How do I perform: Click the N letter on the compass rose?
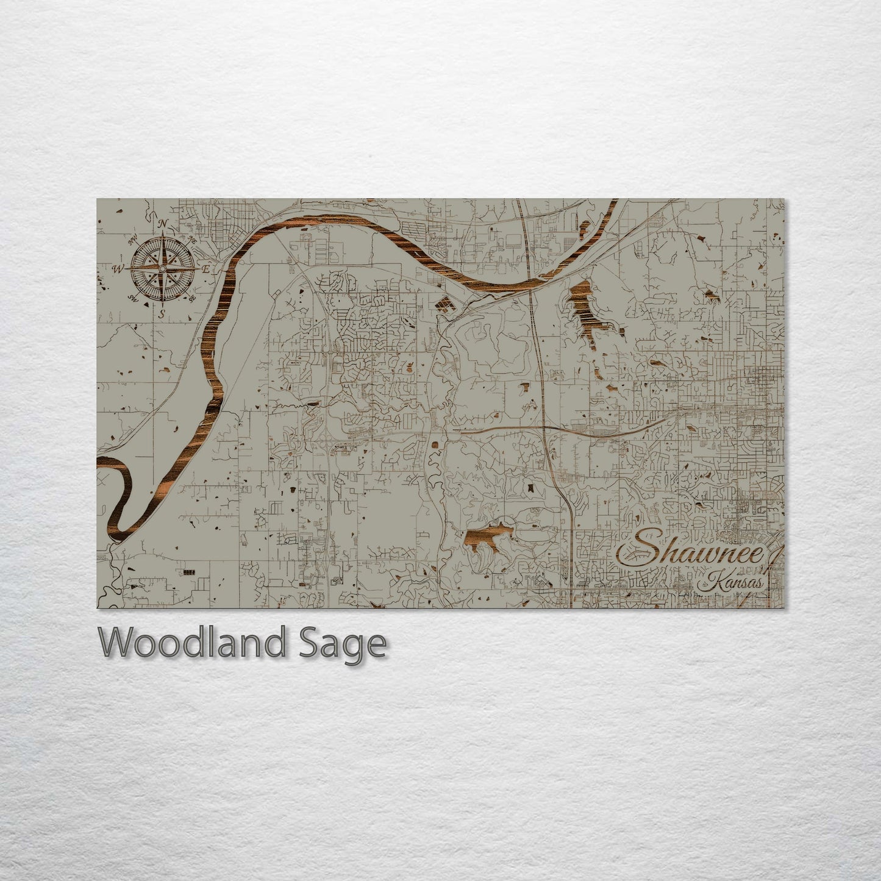tap(163, 224)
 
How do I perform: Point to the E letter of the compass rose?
tap(205, 269)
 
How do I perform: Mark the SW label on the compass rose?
tap(134, 298)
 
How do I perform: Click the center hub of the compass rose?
tap(162, 269)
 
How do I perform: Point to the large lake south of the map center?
tap(488, 537)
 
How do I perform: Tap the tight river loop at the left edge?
tap(122, 488)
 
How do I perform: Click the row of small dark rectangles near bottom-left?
tap(190, 572)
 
